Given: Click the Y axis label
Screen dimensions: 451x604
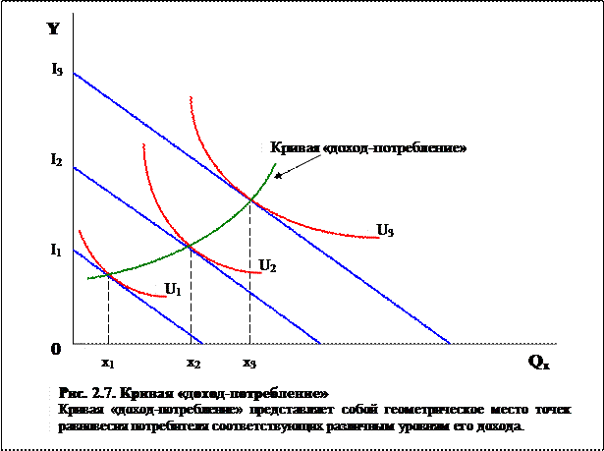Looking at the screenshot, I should pyautogui.click(x=54, y=28).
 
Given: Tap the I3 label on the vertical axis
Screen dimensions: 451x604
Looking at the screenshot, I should pyautogui.click(x=57, y=70).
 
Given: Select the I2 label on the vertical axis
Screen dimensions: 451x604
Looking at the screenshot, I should pyautogui.click(x=57, y=158).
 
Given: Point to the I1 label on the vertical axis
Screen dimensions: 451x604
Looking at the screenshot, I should pyautogui.click(x=57, y=250).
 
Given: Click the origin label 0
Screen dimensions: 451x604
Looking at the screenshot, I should pyautogui.click(x=55, y=348).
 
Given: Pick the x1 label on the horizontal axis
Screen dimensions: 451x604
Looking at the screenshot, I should pyautogui.click(x=108, y=363).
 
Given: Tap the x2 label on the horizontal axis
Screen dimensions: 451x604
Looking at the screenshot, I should pyautogui.click(x=193, y=363).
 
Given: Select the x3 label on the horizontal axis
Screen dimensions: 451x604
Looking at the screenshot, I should pyautogui.click(x=249, y=363).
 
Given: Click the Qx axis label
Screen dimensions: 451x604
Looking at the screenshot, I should pyautogui.click(x=539, y=361).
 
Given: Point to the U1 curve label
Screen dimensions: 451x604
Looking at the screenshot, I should pyautogui.click(x=173, y=289).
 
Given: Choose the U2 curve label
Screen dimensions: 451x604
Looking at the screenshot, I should pyautogui.click(x=267, y=264).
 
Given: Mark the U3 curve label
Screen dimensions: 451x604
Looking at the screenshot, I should pyautogui.click(x=385, y=231).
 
